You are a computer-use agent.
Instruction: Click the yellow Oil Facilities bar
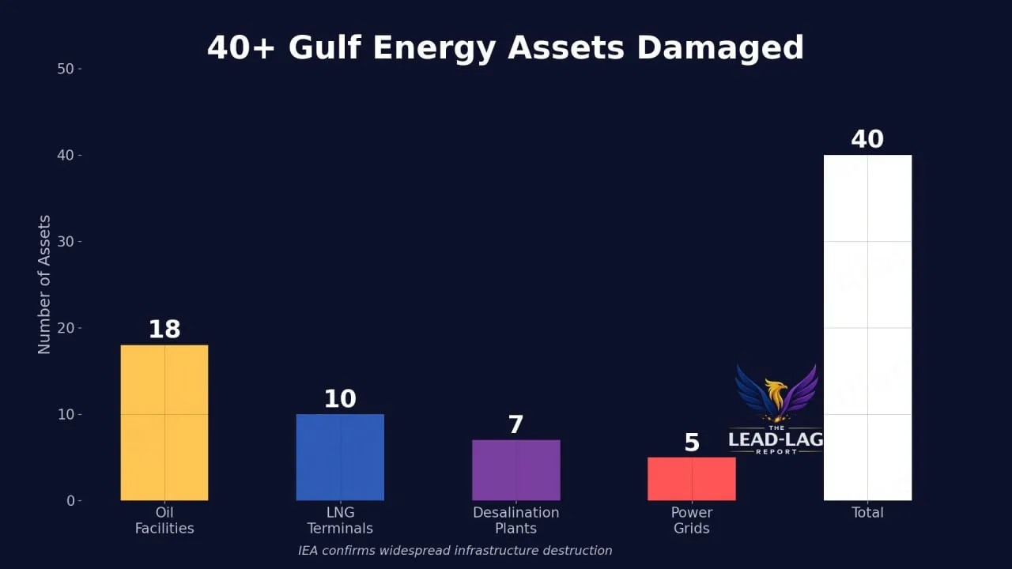[x=164, y=423]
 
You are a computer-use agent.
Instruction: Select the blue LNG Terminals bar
[x=340, y=458]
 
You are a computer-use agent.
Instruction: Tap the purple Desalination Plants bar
[x=515, y=470]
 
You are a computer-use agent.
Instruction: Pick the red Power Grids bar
[x=691, y=479]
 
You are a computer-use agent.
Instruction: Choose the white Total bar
[x=867, y=328]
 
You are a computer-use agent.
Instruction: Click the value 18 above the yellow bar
[x=164, y=330]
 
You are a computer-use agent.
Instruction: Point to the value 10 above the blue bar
[x=340, y=399]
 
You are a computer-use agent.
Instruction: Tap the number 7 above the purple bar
[x=515, y=425]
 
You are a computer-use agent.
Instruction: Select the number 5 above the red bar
[x=692, y=443]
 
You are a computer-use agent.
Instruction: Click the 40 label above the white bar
[x=867, y=140]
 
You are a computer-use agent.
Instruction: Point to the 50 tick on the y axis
[x=65, y=69]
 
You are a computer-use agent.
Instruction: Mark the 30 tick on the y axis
[x=65, y=242]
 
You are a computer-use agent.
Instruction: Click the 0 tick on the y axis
[x=70, y=501]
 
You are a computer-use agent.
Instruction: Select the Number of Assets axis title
[x=44, y=284]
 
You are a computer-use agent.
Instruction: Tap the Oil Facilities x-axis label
[x=164, y=520]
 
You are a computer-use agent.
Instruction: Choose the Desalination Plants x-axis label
[x=515, y=520]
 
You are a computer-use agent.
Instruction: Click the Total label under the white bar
[x=867, y=513]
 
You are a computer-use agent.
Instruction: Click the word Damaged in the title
[x=719, y=48]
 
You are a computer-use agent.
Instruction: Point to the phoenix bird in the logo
[x=776, y=393]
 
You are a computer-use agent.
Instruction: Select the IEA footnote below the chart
[x=455, y=551]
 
